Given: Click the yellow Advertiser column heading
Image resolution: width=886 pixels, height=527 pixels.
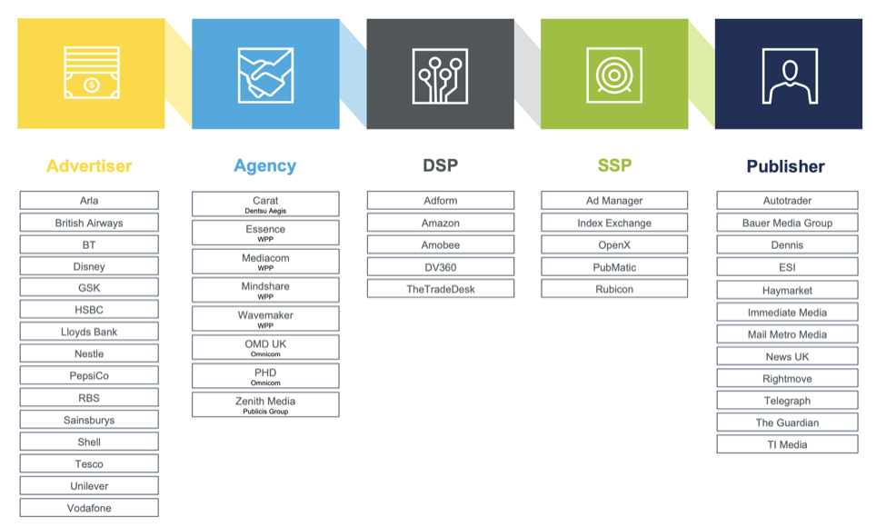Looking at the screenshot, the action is click(x=89, y=165).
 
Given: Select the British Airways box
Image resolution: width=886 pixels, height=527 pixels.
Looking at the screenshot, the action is click(x=89, y=223).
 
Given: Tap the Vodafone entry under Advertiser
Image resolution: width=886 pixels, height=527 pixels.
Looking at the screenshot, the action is click(x=89, y=507).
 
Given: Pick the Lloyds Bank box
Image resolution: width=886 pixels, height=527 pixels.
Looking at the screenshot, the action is click(x=89, y=332).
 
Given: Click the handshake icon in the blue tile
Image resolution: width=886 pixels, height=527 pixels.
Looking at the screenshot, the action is click(x=265, y=75).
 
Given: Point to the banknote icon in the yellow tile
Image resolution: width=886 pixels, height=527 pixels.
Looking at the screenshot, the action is click(x=92, y=73).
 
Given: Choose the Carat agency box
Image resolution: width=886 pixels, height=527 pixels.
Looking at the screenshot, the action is click(x=265, y=204).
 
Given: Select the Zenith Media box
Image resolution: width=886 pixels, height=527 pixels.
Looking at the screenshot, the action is click(x=265, y=404).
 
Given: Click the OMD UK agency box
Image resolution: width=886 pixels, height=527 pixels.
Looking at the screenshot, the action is click(x=265, y=347).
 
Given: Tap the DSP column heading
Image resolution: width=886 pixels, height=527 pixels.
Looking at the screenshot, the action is click(x=440, y=165).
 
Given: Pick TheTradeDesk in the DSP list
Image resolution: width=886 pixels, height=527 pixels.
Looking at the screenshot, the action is click(x=441, y=289).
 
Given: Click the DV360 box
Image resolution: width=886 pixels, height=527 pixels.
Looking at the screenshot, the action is click(x=441, y=266).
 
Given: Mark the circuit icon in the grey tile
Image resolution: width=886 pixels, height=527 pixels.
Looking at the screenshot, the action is click(x=440, y=76).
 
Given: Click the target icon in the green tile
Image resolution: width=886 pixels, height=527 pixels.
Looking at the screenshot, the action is click(x=614, y=75).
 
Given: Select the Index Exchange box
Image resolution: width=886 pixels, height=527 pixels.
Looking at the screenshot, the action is click(x=614, y=223).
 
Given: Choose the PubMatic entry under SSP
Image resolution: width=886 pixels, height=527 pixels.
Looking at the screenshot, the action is click(x=614, y=266).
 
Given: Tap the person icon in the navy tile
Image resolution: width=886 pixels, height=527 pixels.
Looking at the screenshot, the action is click(x=790, y=76).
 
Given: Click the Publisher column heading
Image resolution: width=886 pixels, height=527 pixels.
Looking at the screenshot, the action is click(x=785, y=166).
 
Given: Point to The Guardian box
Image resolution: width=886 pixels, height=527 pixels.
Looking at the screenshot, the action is click(x=787, y=422).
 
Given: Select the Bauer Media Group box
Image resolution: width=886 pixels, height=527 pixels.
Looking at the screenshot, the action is click(x=787, y=223).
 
